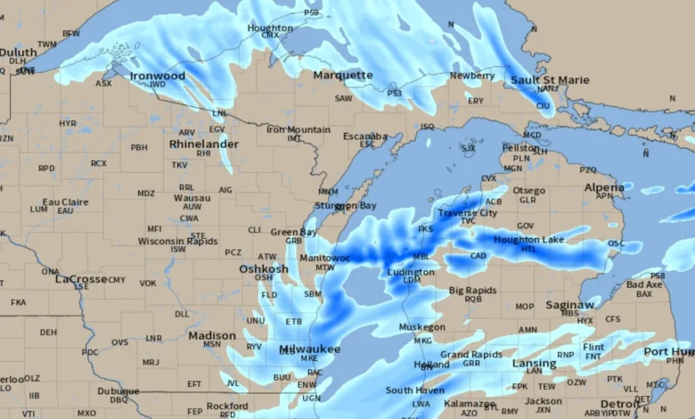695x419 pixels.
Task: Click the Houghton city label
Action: coord(269,28)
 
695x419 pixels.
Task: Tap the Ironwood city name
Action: coord(158,76)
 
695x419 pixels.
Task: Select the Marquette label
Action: coord(343,75)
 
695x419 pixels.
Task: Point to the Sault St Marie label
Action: coord(550,79)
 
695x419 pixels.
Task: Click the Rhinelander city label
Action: coord(204,144)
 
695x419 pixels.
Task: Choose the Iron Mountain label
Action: coord(298,129)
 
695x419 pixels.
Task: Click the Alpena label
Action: coord(604,187)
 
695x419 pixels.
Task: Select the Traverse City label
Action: coord(467,213)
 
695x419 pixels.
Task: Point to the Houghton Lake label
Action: coord(529,240)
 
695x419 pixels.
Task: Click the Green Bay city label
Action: coord(294,232)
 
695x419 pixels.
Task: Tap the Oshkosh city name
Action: coord(264,268)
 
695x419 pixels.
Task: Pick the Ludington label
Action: coord(412,271)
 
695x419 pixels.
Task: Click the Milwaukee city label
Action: coord(309,349)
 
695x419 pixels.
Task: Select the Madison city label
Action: coord(212,335)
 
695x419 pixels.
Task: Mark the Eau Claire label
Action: coord(65,202)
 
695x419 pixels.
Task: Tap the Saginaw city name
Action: coord(569,304)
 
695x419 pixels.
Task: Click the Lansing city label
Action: coord(534,363)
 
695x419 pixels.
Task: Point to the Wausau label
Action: coord(192,197)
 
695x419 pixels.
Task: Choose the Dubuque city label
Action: coord(119,390)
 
